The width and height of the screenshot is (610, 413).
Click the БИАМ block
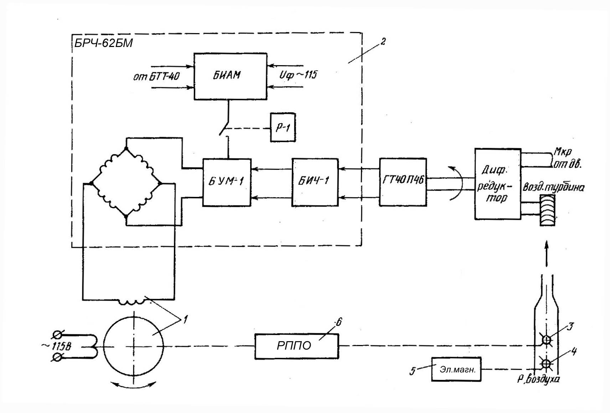coord(230,76)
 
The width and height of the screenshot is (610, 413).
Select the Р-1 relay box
coord(283,127)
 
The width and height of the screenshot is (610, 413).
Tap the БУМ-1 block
coord(227,182)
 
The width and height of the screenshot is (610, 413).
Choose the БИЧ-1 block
coord(315,182)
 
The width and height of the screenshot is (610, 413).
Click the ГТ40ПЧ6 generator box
coord(403,182)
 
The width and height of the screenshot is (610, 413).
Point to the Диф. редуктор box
coord(497,184)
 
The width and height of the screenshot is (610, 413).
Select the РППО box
coord(296,346)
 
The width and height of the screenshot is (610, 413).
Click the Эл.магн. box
coord(456,370)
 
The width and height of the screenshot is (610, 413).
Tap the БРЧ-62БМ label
coord(103,43)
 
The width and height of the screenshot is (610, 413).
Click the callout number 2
coord(383,42)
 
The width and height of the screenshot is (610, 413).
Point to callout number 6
coord(338,322)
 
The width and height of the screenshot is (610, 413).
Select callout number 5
coord(413,371)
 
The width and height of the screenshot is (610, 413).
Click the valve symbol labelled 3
coord(546,340)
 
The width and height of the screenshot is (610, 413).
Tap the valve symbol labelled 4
coord(546,364)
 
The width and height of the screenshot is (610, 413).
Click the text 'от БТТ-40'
coord(156,76)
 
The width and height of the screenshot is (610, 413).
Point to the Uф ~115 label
coord(298,75)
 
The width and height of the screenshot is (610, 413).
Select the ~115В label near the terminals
coord(56,346)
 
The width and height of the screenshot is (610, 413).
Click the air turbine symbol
coord(547,210)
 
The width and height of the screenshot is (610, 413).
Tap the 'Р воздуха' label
coord(538,379)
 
